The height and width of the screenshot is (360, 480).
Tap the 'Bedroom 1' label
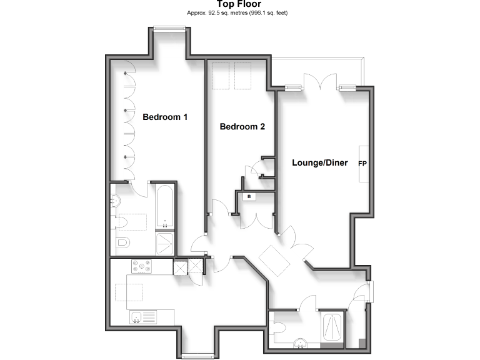click(x=165, y=117)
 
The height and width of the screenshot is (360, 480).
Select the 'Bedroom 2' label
click(x=242, y=127)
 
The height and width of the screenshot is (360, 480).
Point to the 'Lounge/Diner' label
click(x=320, y=163)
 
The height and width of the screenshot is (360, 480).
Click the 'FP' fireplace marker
click(x=362, y=164)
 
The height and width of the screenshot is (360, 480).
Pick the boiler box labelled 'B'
click(x=249, y=197)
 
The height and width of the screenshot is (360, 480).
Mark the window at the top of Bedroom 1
click(x=169, y=27)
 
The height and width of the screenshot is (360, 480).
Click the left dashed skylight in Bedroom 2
click(x=220, y=76)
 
